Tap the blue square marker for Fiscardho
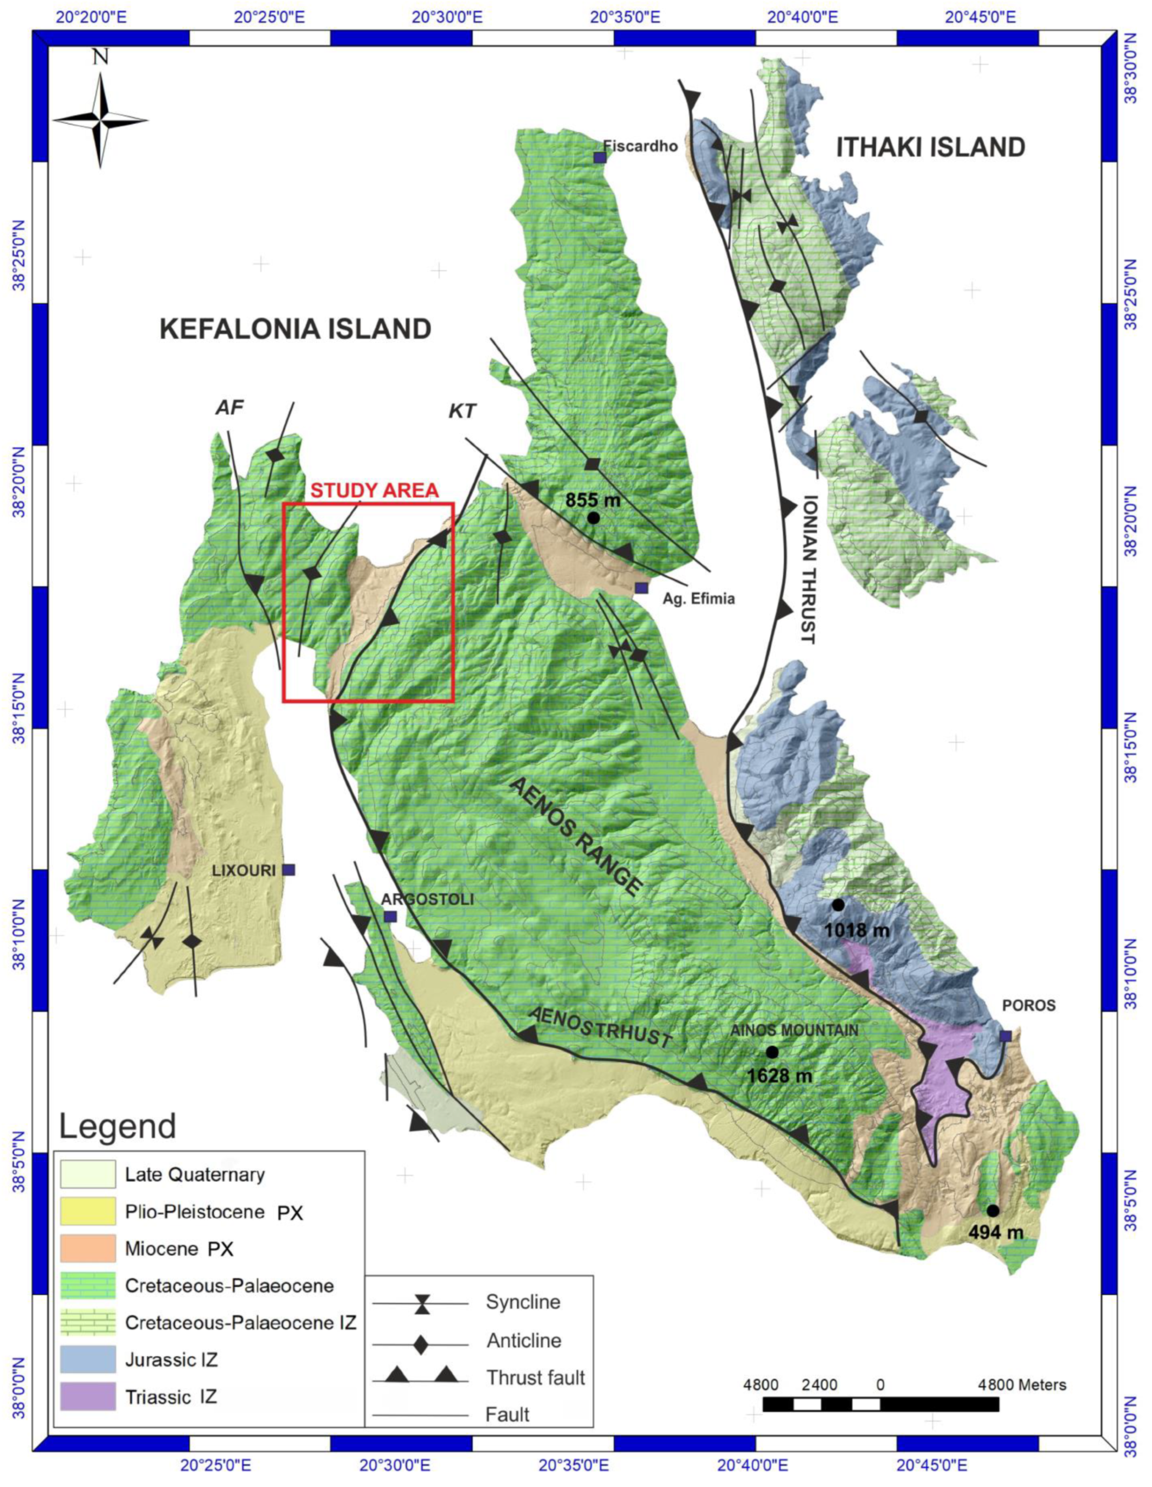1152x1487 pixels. click(599, 157)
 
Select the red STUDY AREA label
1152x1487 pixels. click(374, 490)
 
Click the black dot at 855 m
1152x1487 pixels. click(593, 517)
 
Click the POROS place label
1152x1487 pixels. click(1029, 1005)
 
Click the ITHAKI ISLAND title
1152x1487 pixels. click(930, 147)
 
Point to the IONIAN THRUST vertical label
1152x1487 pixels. click(809, 569)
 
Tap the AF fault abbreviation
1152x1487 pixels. click(230, 407)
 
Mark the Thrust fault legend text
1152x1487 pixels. click(535, 1378)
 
